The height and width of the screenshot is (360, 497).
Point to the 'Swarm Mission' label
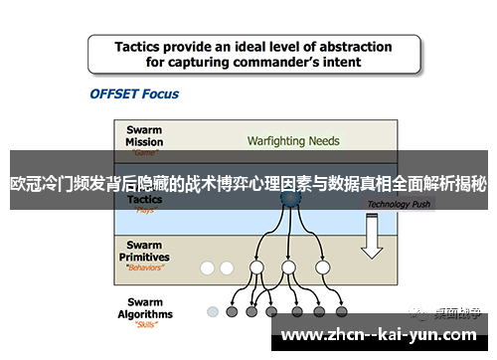pos(145,134)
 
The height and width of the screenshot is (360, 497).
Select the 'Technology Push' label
pos(399,204)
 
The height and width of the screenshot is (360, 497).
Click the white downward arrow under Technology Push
pos(372,237)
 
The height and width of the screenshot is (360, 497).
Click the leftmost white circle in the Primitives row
pos(208,268)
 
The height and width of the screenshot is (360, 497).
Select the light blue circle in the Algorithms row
pos(212,311)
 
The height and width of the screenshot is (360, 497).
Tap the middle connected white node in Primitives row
pos(288,268)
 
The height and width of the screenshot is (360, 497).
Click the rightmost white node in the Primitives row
pos(322,268)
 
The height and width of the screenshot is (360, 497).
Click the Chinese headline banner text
pos(248,184)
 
